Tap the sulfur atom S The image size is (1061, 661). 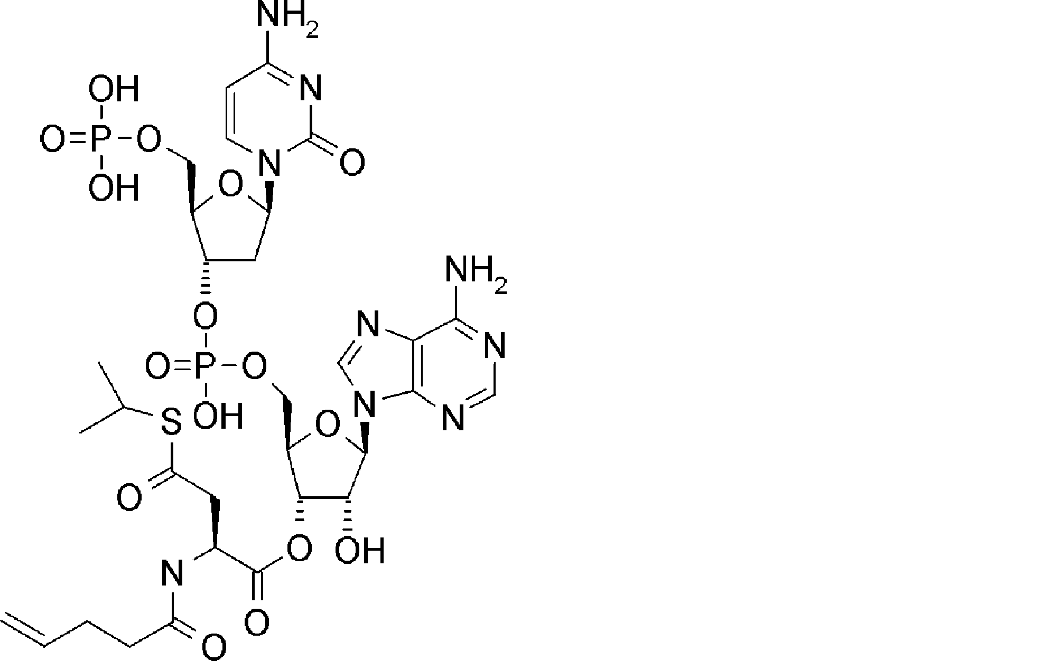coord(170,422)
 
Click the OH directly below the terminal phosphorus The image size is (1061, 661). coord(113,188)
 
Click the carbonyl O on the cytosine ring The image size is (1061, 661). coord(352,162)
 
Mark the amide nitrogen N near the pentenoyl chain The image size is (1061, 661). coord(172,574)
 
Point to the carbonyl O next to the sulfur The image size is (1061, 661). coord(129,498)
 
